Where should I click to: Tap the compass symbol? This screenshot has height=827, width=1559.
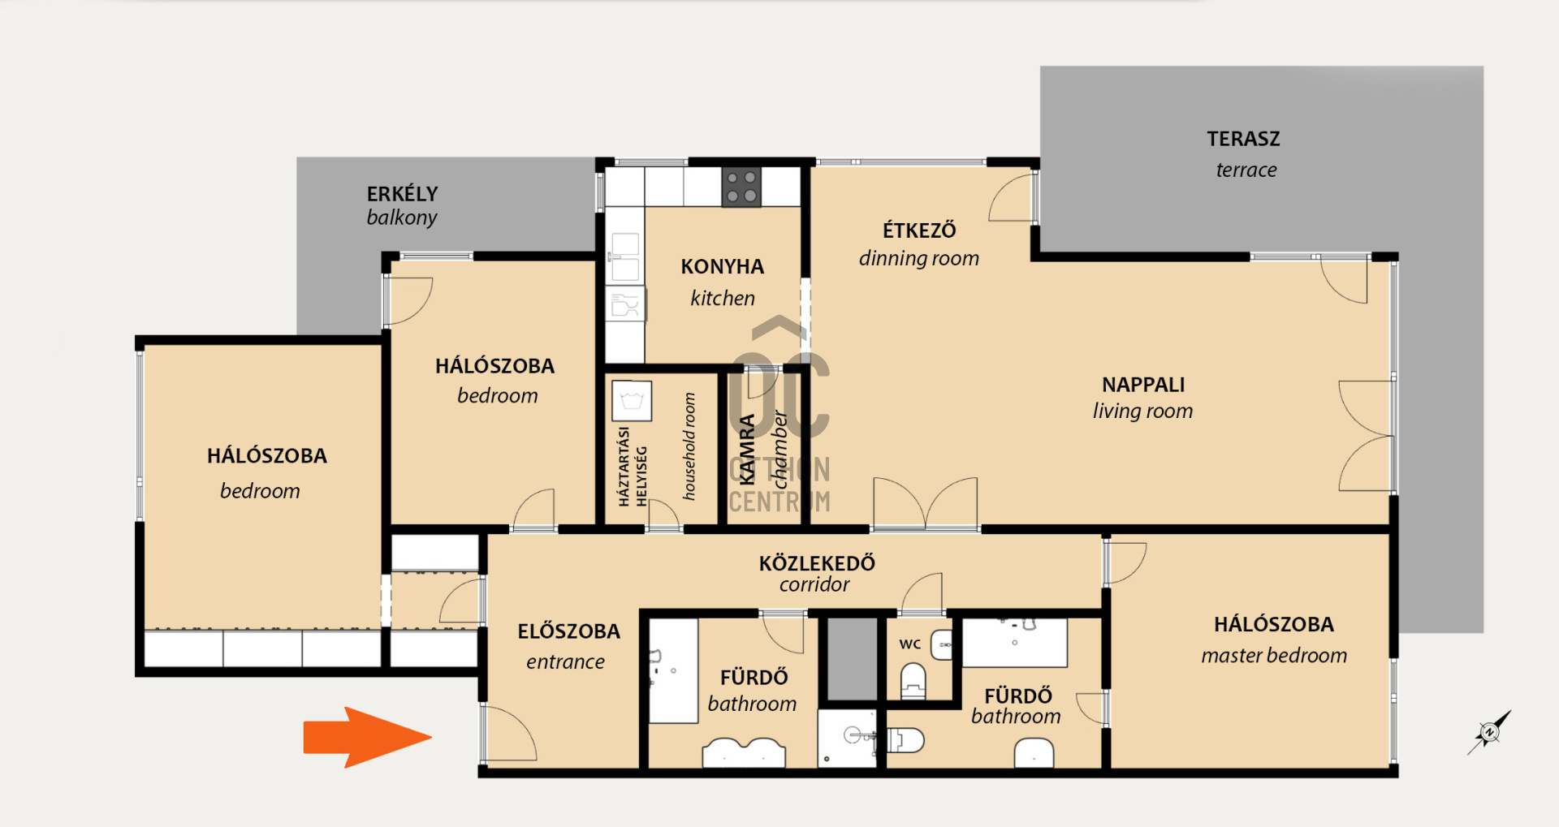coord(1490,732)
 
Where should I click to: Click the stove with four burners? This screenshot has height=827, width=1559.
coord(741,187)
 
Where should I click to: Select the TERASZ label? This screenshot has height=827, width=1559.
coord(1243,139)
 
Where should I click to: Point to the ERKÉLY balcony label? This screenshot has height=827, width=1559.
coord(402,205)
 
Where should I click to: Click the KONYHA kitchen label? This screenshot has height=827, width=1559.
coord(723,282)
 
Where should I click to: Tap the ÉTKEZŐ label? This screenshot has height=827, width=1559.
coord(919,230)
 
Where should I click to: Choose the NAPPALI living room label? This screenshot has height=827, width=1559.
coord(1143,397)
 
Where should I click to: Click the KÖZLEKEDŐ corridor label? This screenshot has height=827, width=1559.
coord(817,573)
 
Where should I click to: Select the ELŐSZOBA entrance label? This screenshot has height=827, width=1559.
coord(568,646)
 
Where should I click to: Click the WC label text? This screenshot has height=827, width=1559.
coord(910,644)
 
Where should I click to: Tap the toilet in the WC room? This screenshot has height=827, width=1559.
coord(913,680)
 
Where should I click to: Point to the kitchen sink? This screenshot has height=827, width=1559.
coord(624,256)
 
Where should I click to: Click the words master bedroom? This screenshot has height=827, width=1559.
coord(1274,655)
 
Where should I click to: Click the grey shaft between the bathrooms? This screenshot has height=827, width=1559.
coord(851,658)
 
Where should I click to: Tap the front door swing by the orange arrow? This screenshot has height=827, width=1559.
coord(510,732)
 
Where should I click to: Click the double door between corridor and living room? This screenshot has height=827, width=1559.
coord(926,503)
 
